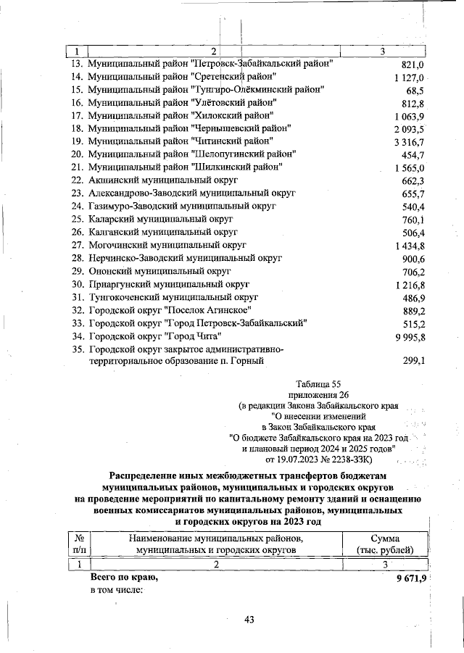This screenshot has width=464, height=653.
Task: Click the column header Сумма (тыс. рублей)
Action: tap(391, 544)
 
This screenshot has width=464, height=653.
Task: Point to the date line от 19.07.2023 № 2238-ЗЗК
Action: tap(319, 459)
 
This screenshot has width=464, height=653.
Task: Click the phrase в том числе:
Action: tap(116, 590)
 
